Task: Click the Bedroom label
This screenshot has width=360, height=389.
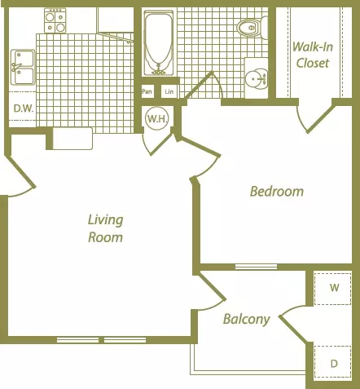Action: [277, 192]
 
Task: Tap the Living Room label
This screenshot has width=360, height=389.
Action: [105, 228]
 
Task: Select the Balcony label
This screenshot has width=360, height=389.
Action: [247, 319]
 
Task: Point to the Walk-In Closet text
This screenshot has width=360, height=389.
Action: [313, 55]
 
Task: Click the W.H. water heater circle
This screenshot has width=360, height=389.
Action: [157, 118]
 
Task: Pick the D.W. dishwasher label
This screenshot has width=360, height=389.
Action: [24, 108]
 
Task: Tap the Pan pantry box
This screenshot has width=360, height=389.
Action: [147, 91]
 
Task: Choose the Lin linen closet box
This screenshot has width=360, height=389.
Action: [169, 91]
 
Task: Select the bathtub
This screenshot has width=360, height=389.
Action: [159, 43]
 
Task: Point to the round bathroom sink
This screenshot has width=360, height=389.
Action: [257, 79]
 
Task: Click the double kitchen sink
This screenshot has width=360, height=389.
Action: [23, 67]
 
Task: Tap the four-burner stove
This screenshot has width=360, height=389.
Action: [55, 20]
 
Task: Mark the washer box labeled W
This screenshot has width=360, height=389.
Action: [332, 288]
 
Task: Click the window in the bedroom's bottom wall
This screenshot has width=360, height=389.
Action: [256, 267]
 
